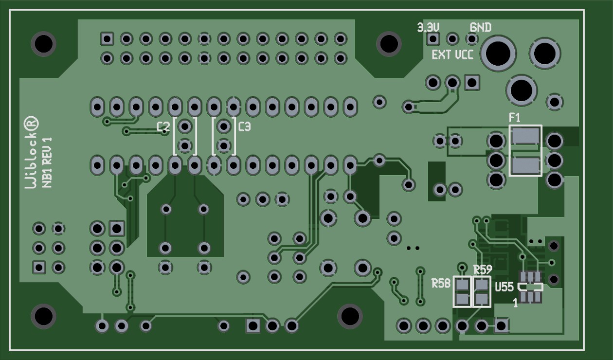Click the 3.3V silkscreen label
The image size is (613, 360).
pos(428,27)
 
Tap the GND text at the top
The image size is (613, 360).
pos(480,27)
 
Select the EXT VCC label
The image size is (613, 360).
pos(452,54)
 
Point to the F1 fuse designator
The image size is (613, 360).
pos(514,117)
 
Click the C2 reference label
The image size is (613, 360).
pos(163,127)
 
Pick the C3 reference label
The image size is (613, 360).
pos(245,127)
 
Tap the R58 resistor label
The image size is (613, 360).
pos(441,283)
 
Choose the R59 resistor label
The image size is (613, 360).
pos(483,270)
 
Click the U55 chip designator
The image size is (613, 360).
pos(504,287)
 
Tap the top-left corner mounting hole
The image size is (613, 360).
pos(43,44)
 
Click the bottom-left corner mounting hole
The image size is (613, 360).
pos(43,316)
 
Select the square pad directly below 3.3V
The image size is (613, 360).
pos(433,38)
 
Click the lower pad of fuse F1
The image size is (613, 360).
pos(525,165)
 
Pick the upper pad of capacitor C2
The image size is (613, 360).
pos(184,127)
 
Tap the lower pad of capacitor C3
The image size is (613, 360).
pos(223,145)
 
